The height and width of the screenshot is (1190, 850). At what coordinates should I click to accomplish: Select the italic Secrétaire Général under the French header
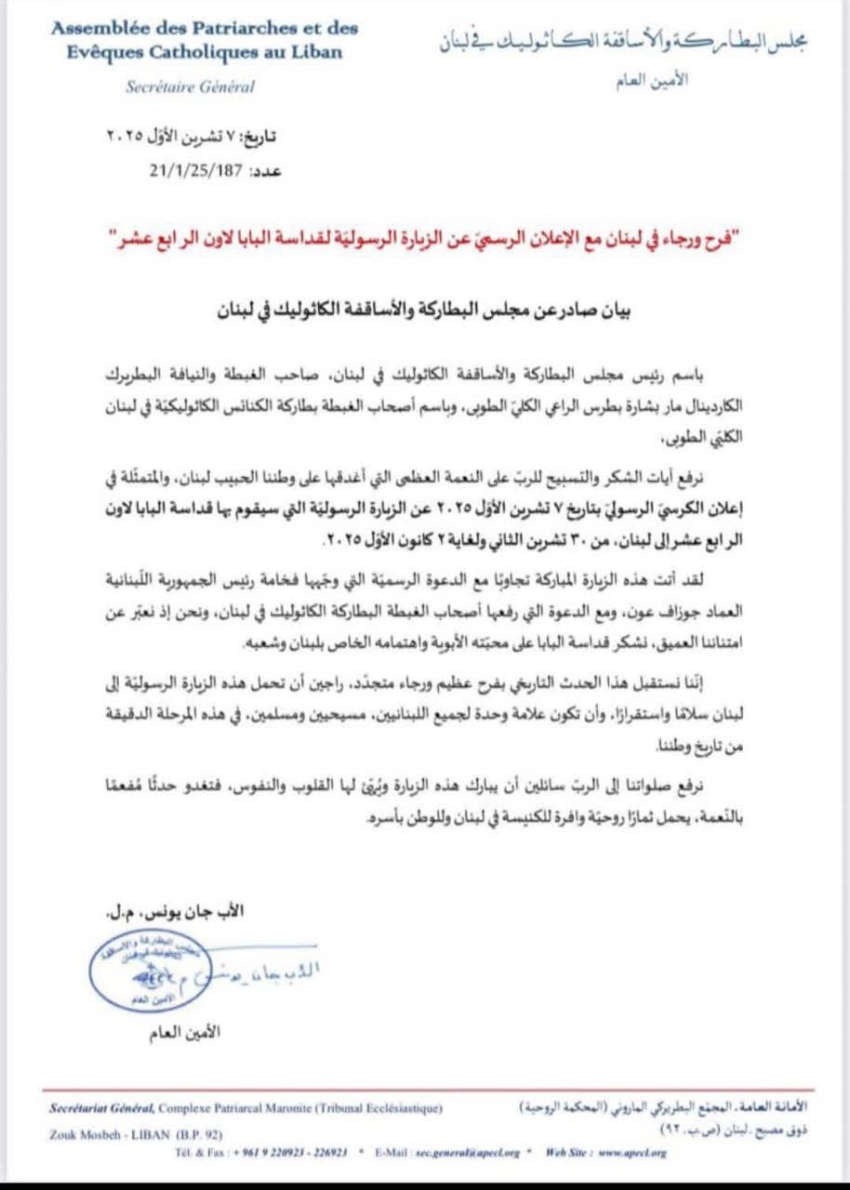[191, 86]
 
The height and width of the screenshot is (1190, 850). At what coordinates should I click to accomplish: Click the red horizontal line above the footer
[425, 1090]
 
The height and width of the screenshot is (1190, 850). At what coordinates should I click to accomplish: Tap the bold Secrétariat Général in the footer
[101, 1108]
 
